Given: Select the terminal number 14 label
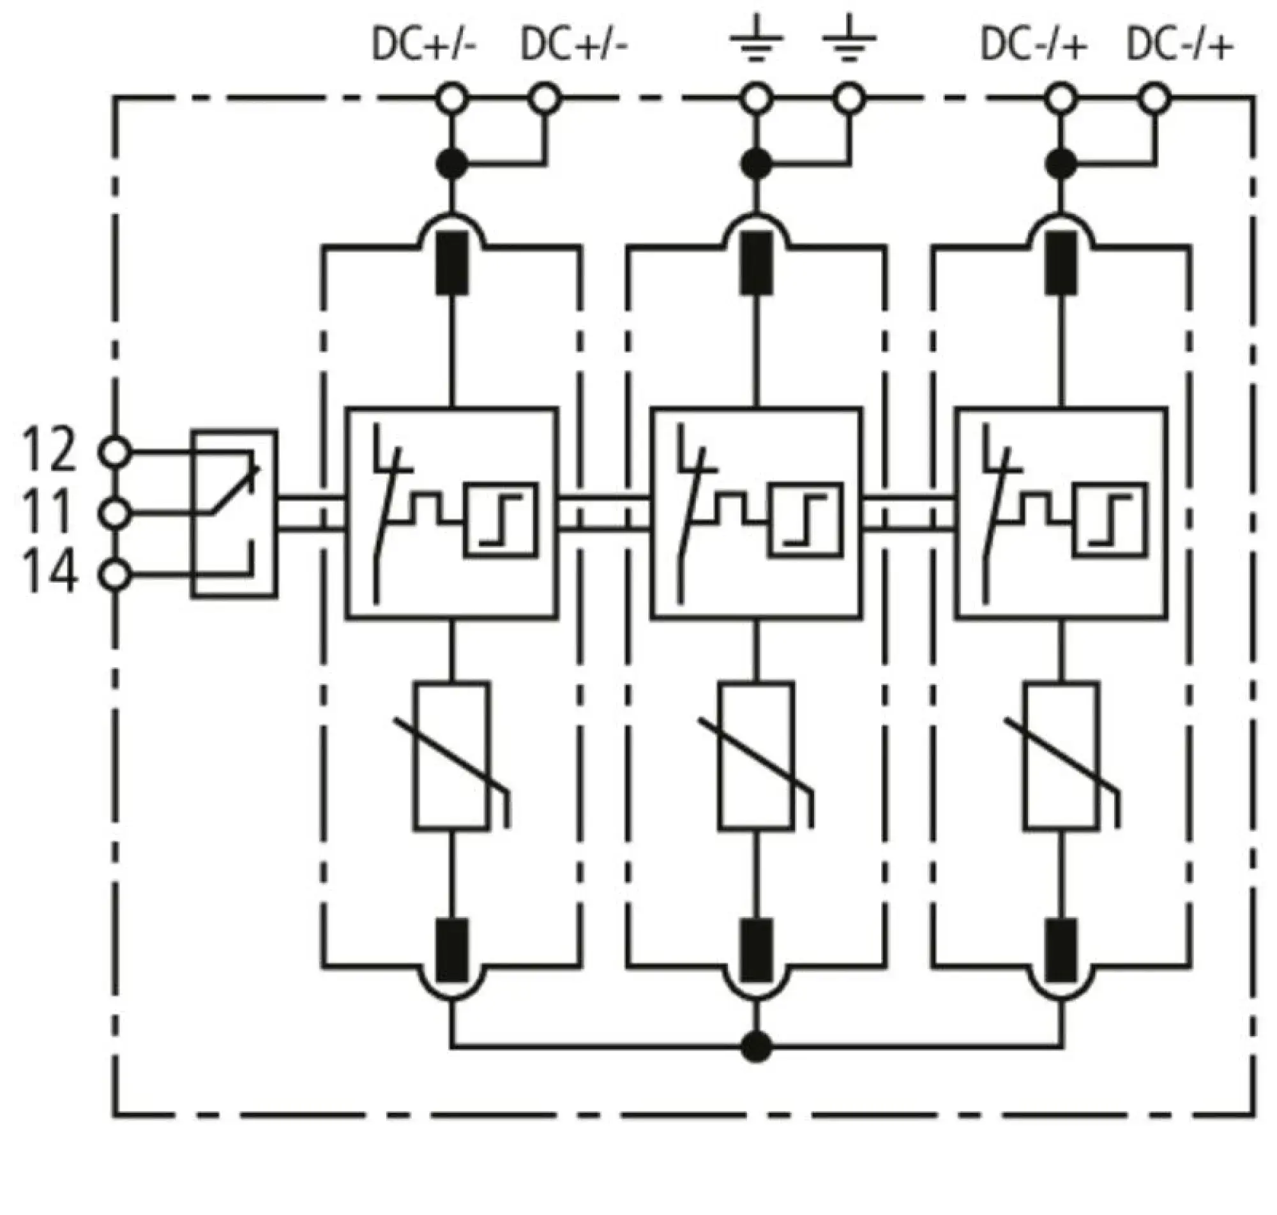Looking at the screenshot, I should (49, 573).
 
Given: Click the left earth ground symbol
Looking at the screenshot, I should (757, 43).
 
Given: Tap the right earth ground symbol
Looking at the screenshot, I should (849, 43).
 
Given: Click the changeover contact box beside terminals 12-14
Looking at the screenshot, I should (234, 513).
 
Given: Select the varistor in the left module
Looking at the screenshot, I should (452, 756).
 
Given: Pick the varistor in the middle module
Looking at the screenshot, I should (757, 756).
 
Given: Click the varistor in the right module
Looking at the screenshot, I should (1061, 756).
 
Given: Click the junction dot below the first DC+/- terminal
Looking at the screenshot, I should (452, 164).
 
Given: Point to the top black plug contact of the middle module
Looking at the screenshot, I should (757, 263).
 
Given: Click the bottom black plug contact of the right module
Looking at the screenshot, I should (1061, 950).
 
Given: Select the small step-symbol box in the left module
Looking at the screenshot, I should (500, 520).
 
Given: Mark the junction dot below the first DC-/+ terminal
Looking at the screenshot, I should (1061, 164).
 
